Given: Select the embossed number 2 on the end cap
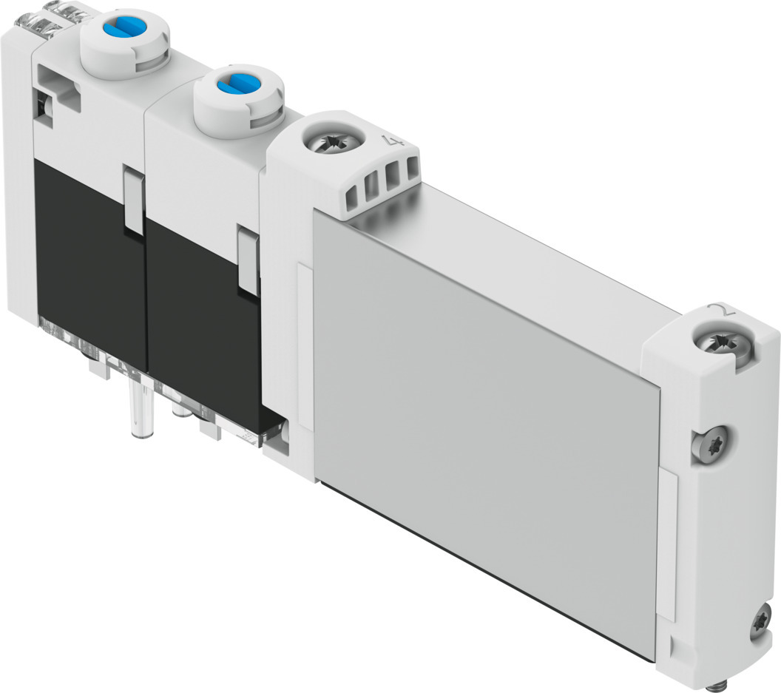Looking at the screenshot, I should [718, 310].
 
